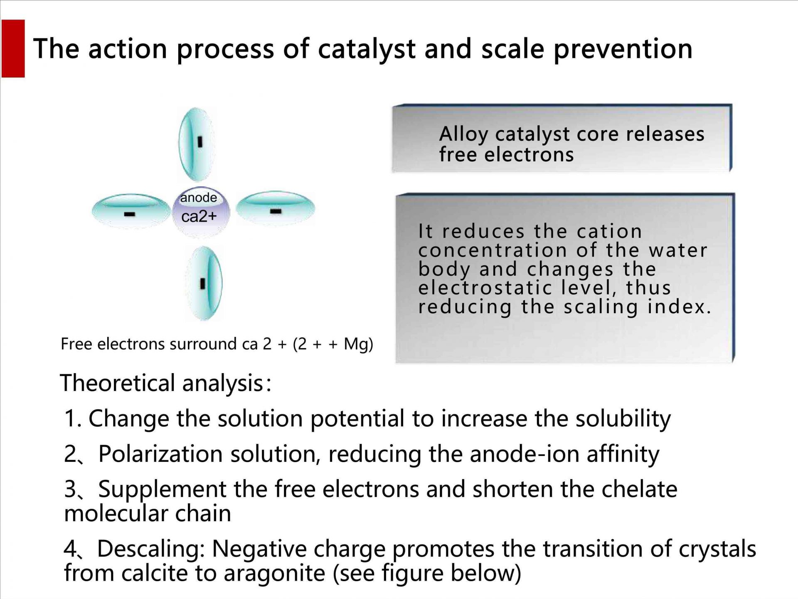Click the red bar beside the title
[x=13, y=48]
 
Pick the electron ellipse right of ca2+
[x=276, y=208]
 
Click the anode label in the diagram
[x=198, y=198]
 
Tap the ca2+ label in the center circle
[x=199, y=216]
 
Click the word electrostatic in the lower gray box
[x=511, y=288]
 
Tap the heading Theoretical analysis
[x=165, y=383]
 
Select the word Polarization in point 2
[x=160, y=454]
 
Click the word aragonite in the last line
[x=274, y=574]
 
